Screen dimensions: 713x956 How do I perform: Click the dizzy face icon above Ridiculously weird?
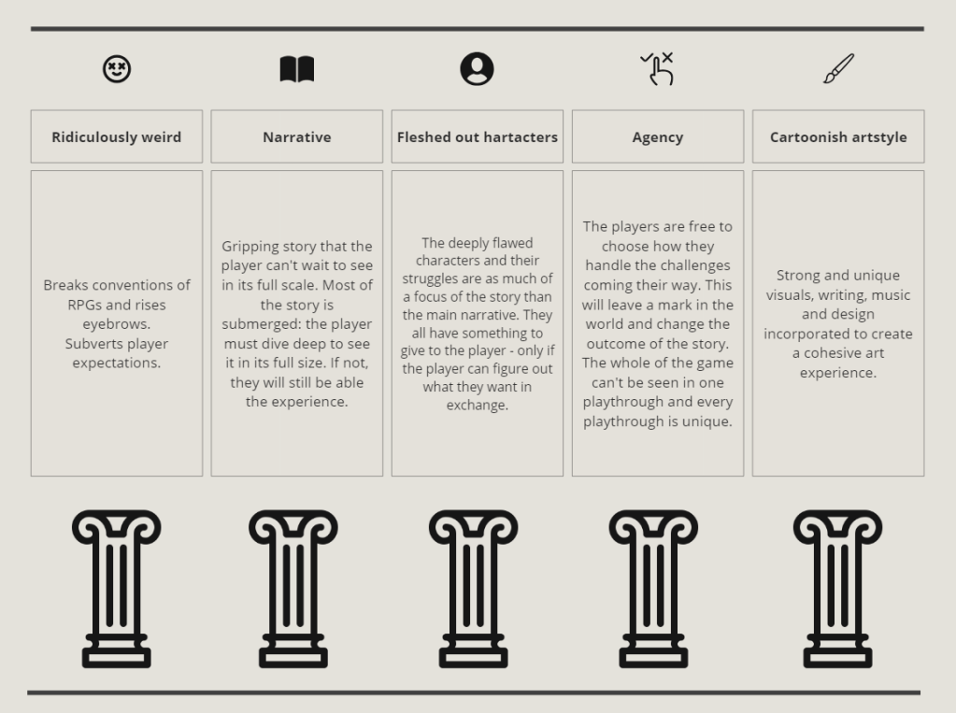[117, 69]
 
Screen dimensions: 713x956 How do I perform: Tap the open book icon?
[297, 69]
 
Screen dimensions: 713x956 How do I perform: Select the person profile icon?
[477, 69]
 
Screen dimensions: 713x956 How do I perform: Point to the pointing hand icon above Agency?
[658, 69]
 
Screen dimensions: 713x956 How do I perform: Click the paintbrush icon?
[838, 68]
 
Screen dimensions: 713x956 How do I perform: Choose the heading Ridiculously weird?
[117, 136]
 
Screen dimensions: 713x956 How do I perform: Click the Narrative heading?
[297, 136]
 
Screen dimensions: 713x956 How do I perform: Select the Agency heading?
[658, 136]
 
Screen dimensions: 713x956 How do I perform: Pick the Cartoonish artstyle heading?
[838, 136]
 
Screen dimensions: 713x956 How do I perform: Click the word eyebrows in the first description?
[117, 323]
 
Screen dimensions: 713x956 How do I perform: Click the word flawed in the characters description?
[509, 243]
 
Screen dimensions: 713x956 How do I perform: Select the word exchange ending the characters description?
[477, 405]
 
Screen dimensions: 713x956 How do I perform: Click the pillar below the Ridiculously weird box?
[117, 589]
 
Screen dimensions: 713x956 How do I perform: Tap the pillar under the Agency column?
[653, 589]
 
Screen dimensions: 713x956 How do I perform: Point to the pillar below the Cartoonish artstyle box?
[837, 589]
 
